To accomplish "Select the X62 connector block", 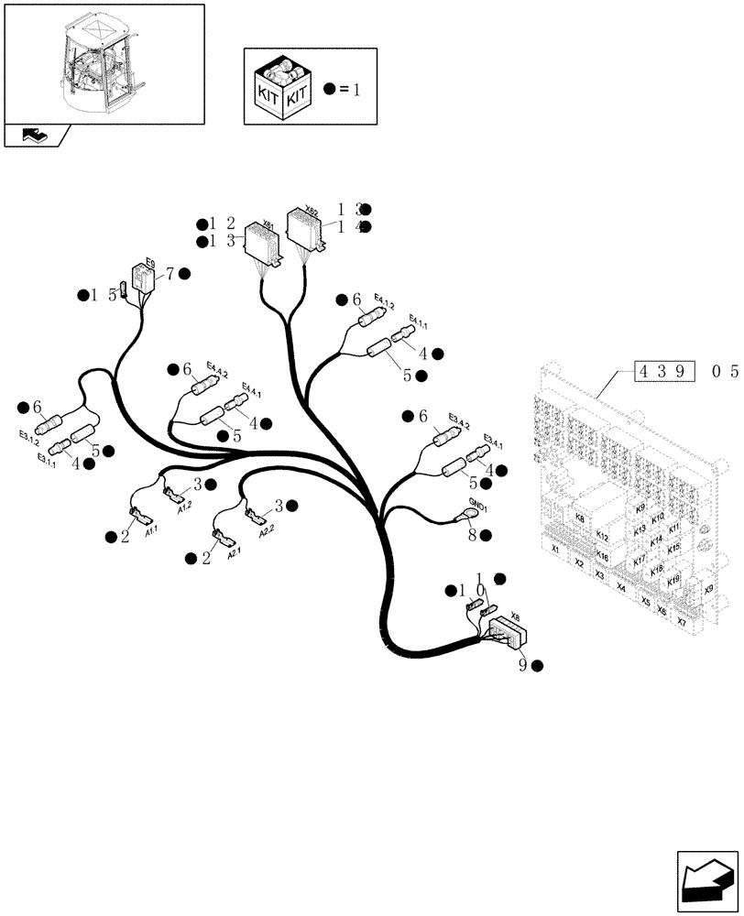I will [x=304, y=229].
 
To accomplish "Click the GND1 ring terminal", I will [x=461, y=518].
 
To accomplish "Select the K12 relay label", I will [x=602, y=535].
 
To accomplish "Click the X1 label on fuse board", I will [x=554, y=550].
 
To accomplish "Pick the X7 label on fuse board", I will [x=681, y=622].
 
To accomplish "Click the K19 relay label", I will [x=673, y=580].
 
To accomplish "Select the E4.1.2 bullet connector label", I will [x=384, y=305].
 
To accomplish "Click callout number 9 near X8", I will [x=522, y=666].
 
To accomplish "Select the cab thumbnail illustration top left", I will [x=104, y=62].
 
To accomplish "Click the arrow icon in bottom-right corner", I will [x=706, y=881].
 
